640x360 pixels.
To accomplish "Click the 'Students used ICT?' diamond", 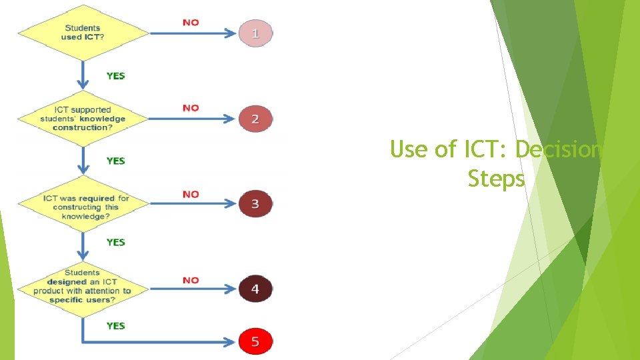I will pos(83,32).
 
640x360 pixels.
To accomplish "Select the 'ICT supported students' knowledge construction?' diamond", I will pos(83,118).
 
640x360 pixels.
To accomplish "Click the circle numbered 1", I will pos(255,32).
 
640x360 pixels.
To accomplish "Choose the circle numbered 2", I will pos(255,119).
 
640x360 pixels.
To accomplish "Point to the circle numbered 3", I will pos(255,204).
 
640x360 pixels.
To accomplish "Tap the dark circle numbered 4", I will pos(255,289).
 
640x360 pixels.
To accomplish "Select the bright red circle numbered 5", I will pos(255,342).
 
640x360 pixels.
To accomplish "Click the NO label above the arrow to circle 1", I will pos(191,22).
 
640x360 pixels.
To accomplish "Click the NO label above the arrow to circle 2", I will pos(191,107).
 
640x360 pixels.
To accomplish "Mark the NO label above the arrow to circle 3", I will pos(191,194).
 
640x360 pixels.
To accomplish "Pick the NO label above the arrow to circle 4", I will pos(191,280).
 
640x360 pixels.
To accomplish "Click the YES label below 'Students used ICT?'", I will pos(115,75).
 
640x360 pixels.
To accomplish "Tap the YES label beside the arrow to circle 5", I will pos(115,325).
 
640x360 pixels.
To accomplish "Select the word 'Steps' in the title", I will pos(496,179).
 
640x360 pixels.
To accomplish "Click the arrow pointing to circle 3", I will pos(193,205).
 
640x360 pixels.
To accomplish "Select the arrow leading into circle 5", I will pos(160,342).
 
